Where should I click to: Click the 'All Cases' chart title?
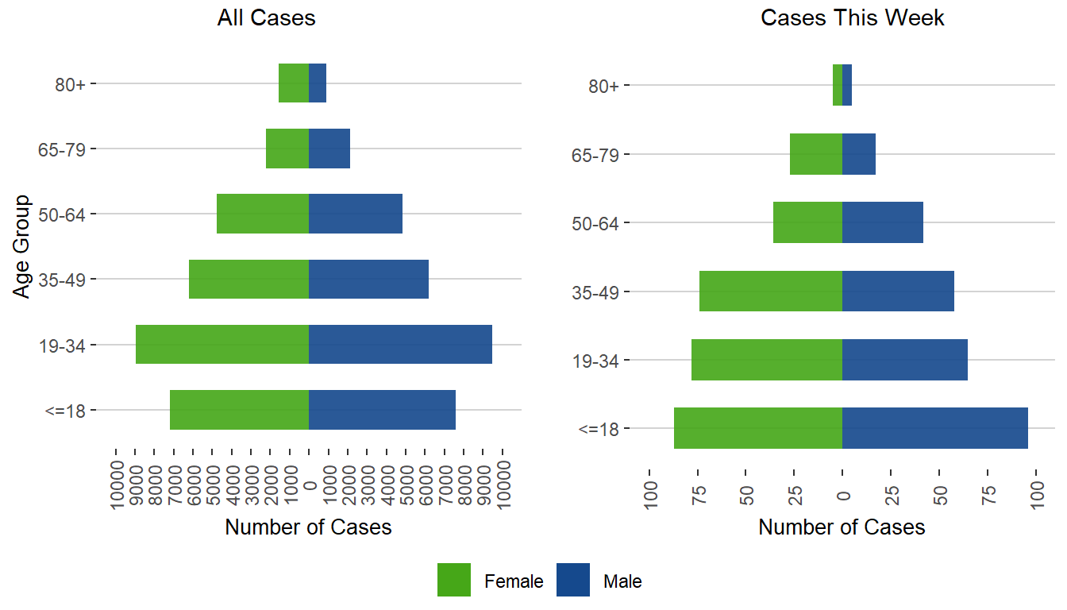pyautogui.click(x=266, y=18)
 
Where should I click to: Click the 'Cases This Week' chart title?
pyautogui.click(x=853, y=18)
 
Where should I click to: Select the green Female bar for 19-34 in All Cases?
pyautogui.click(x=222, y=345)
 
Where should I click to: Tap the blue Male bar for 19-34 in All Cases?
pyautogui.click(x=400, y=345)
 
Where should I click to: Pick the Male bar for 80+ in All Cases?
pyautogui.click(x=318, y=83)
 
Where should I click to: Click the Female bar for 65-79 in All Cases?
pyautogui.click(x=287, y=149)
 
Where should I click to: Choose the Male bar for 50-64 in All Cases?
pyautogui.click(x=356, y=214)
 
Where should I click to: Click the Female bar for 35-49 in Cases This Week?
pyautogui.click(x=771, y=291)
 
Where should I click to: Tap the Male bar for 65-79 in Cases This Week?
pyautogui.click(x=859, y=154)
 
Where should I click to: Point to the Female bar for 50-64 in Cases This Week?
pyautogui.click(x=807, y=222)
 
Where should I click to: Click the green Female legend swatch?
pyautogui.click(x=454, y=580)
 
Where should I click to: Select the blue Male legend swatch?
pyautogui.click(x=573, y=580)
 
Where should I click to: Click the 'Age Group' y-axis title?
pyautogui.click(x=22, y=246)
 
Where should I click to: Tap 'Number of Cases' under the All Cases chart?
pyautogui.click(x=308, y=527)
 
